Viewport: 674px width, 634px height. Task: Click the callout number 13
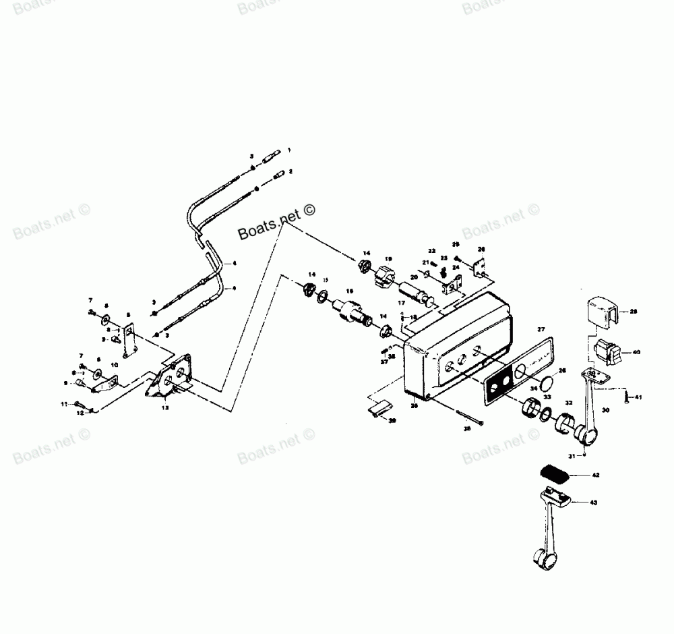coord(165,408)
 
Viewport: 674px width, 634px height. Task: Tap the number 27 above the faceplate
coord(541,329)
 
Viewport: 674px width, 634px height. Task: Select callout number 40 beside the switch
coord(636,351)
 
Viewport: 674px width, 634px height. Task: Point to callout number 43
coord(594,502)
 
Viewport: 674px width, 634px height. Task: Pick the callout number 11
coord(65,403)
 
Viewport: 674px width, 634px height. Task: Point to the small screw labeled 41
coord(626,397)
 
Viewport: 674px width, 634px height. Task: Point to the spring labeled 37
coord(385,349)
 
